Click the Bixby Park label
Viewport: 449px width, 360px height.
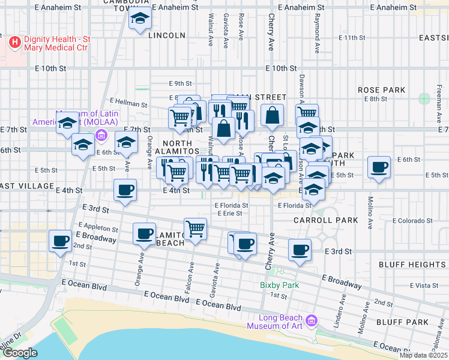pos(279,285)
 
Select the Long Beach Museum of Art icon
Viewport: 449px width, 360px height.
pos(310,322)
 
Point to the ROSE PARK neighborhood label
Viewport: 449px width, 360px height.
pos(382,90)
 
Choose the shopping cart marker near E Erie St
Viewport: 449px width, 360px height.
pos(195,228)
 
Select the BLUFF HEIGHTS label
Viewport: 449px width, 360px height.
pos(412,264)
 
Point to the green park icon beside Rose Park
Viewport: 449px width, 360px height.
pos(425,98)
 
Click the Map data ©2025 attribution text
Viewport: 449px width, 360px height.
pos(423,355)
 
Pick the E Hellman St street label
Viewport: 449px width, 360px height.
pos(128,104)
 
